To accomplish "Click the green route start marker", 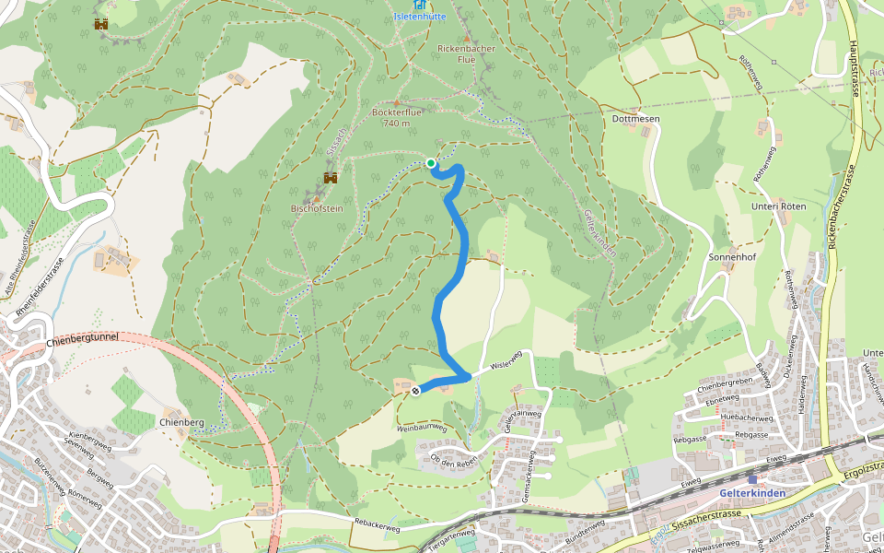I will (x=431, y=163).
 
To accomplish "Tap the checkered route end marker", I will (x=415, y=391).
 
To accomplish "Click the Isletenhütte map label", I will (x=420, y=17).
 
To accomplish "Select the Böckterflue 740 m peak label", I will (x=396, y=118).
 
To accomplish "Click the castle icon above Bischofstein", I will (x=330, y=177).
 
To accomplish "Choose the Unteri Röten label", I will (x=778, y=206).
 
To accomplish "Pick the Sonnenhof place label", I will (x=733, y=257).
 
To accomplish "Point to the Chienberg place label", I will (x=180, y=422).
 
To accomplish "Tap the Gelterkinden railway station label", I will (x=751, y=493).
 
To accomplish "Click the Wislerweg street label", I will (x=506, y=359).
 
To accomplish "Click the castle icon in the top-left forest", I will (x=101, y=24).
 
